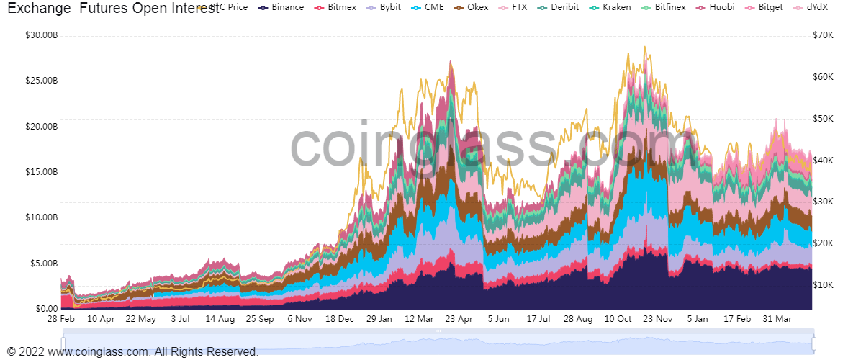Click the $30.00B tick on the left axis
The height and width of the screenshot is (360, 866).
click(x=41, y=35)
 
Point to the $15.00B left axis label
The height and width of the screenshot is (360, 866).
click(x=41, y=172)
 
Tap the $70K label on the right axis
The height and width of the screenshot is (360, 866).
click(x=823, y=35)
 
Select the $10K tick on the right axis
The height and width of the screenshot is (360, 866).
click(x=823, y=285)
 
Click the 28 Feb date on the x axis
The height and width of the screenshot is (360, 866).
click(x=61, y=318)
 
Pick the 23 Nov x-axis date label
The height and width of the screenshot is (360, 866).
click(x=657, y=318)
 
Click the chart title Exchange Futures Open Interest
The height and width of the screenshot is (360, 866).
click(x=108, y=9)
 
